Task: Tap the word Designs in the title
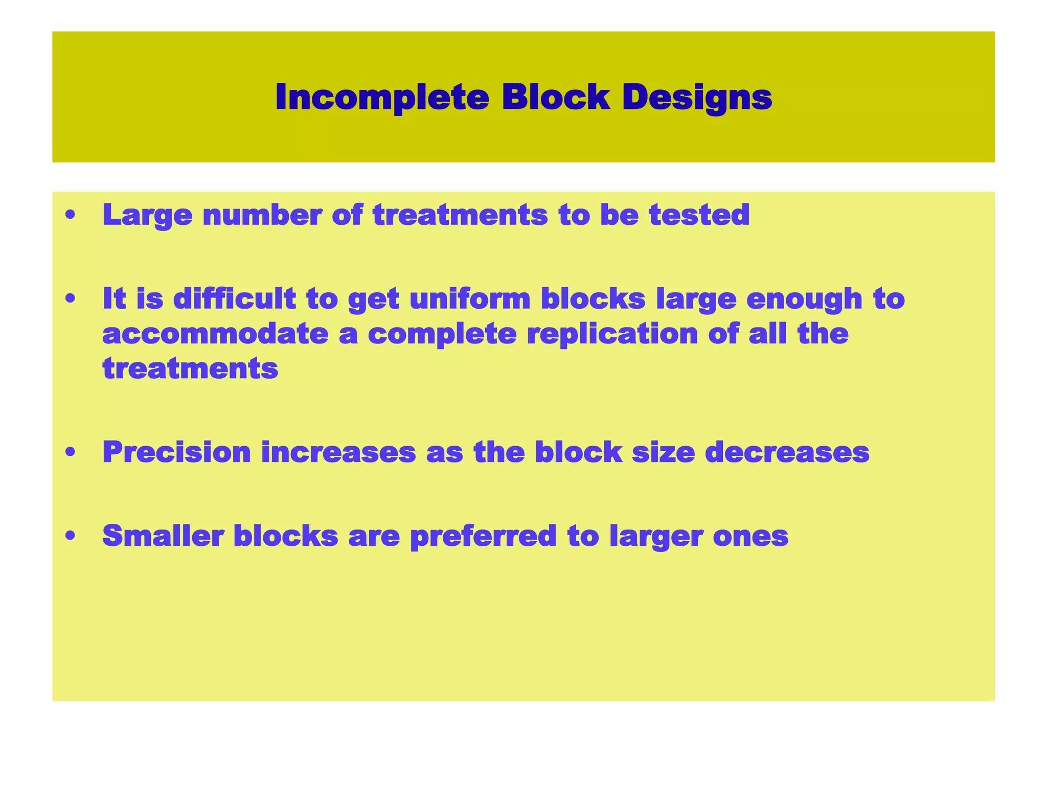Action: point(697,97)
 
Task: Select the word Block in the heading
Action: point(556,97)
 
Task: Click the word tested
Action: point(699,215)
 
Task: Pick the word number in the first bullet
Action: point(262,215)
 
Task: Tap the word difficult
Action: point(235,298)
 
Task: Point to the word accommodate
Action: point(215,334)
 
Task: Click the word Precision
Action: point(176,452)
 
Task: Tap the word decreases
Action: point(787,452)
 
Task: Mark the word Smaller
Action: point(163,536)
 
